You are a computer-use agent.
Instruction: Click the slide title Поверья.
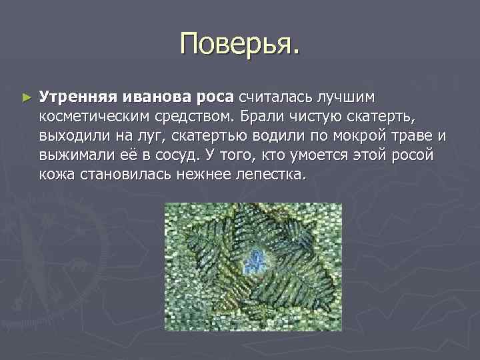[240, 45]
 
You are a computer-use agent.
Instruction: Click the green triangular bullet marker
[26, 97]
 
